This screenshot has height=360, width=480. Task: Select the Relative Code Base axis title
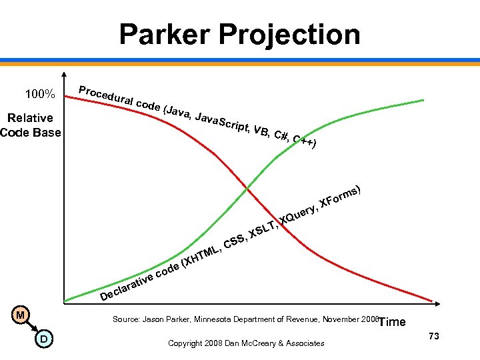30,125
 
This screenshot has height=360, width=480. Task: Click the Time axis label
391,322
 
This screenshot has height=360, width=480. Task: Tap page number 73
434,336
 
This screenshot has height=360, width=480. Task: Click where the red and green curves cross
247,189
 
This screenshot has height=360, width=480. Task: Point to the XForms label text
340,195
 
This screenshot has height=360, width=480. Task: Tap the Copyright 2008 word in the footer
193,343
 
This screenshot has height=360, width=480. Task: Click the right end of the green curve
423,100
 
